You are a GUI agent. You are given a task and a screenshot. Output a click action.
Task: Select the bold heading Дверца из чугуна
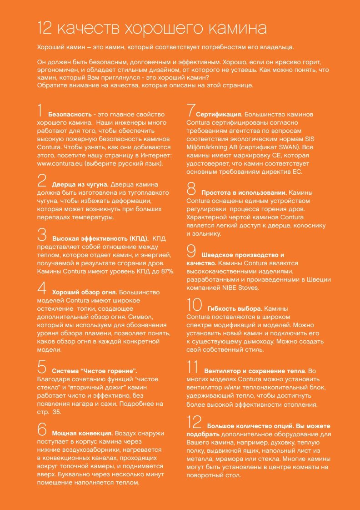click(x=80, y=185)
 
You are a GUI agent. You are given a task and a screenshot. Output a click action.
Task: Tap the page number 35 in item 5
click(x=64, y=412)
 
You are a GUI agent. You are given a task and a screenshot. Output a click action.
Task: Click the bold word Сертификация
click(x=219, y=114)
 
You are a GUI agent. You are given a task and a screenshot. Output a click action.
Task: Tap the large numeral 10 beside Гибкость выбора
click(x=194, y=305)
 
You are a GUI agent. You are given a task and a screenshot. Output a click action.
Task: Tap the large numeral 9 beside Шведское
click(x=191, y=252)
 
